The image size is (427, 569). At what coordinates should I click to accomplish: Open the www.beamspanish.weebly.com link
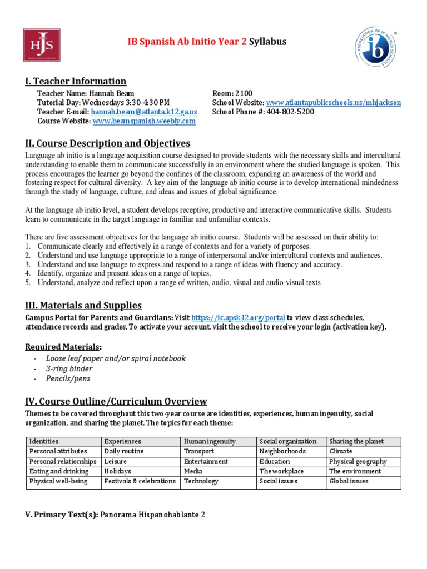[x=144, y=121]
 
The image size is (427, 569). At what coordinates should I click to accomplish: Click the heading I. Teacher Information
[x=76, y=82]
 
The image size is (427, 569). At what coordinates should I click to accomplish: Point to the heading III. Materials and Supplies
[x=83, y=305]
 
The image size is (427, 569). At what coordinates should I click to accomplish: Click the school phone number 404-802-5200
[x=290, y=112]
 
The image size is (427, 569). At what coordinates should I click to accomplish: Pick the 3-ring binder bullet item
[x=69, y=368]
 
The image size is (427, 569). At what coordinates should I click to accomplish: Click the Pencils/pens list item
[x=68, y=378]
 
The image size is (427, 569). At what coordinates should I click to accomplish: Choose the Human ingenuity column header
[x=210, y=441]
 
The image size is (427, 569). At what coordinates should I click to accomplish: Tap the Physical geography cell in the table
[x=358, y=461]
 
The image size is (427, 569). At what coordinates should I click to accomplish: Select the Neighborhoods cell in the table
[x=283, y=451]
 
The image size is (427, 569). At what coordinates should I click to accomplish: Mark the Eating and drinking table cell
[x=56, y=471]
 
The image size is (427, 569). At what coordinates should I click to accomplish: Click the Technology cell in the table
[x=201, y=481]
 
